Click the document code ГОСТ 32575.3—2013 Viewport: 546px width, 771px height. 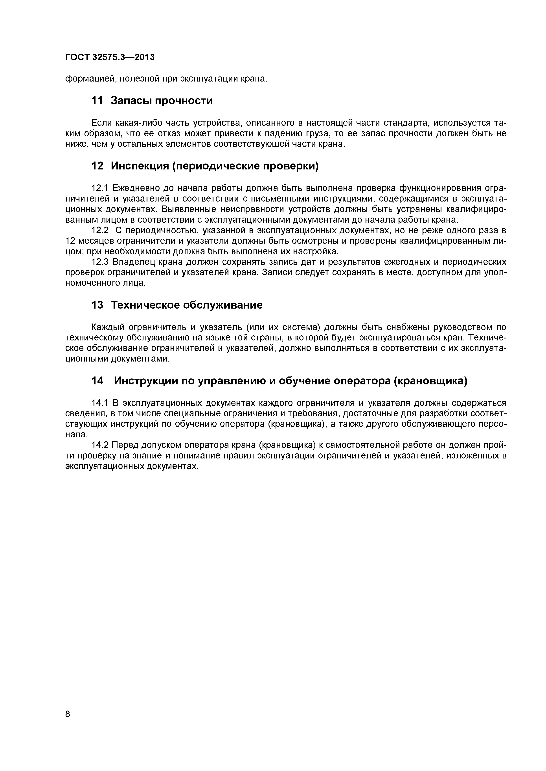[110, 57]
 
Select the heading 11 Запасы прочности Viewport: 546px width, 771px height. [152, 100]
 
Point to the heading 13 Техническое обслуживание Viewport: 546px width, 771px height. [177, 305]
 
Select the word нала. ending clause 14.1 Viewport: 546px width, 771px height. [76, 435]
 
